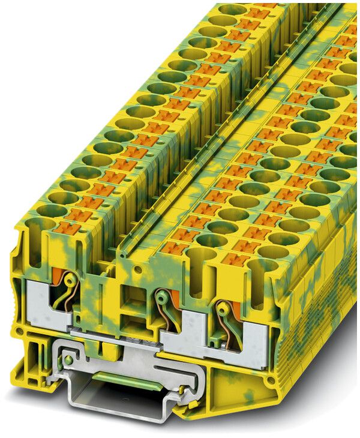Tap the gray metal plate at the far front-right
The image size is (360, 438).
[255, 342]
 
